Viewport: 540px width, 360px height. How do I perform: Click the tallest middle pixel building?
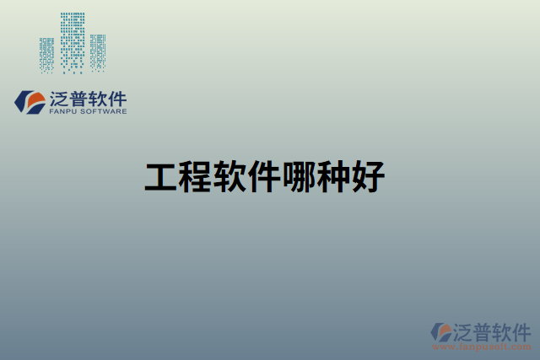73,42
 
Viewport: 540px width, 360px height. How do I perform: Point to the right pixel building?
99,52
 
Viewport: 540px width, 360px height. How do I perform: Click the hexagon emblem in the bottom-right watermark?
441,331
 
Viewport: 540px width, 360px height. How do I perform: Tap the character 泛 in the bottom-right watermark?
464,330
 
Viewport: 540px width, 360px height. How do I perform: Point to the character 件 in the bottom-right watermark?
521,330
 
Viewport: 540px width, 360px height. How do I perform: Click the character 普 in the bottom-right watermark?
483,330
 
